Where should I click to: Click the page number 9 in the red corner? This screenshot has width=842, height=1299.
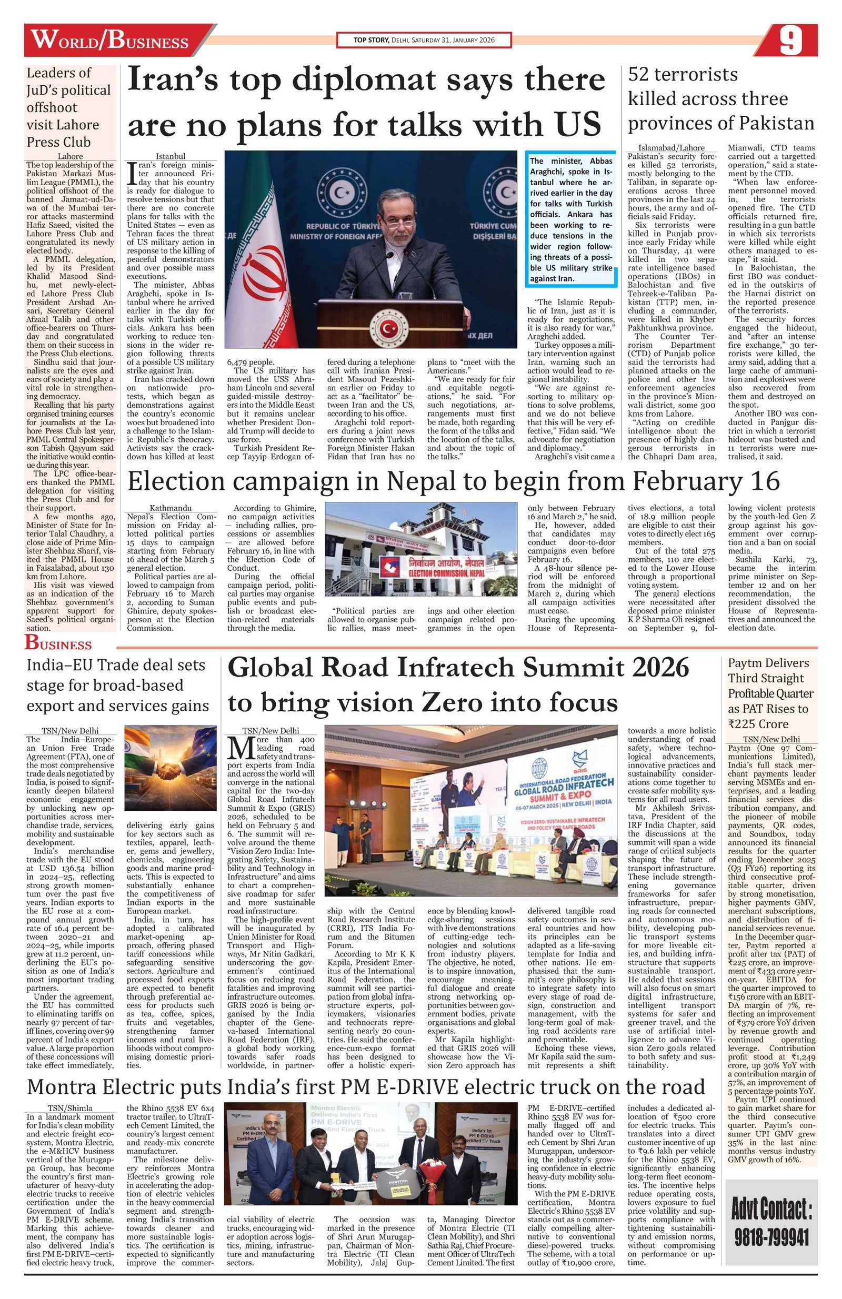pos(790,41)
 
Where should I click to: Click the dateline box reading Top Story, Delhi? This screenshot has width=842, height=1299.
pos(424,41)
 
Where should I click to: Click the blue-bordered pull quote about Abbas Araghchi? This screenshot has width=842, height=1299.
pos(572,218)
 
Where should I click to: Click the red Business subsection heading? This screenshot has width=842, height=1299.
pos(58,644)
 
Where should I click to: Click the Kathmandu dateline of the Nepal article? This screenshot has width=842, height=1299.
pos(171,508)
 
